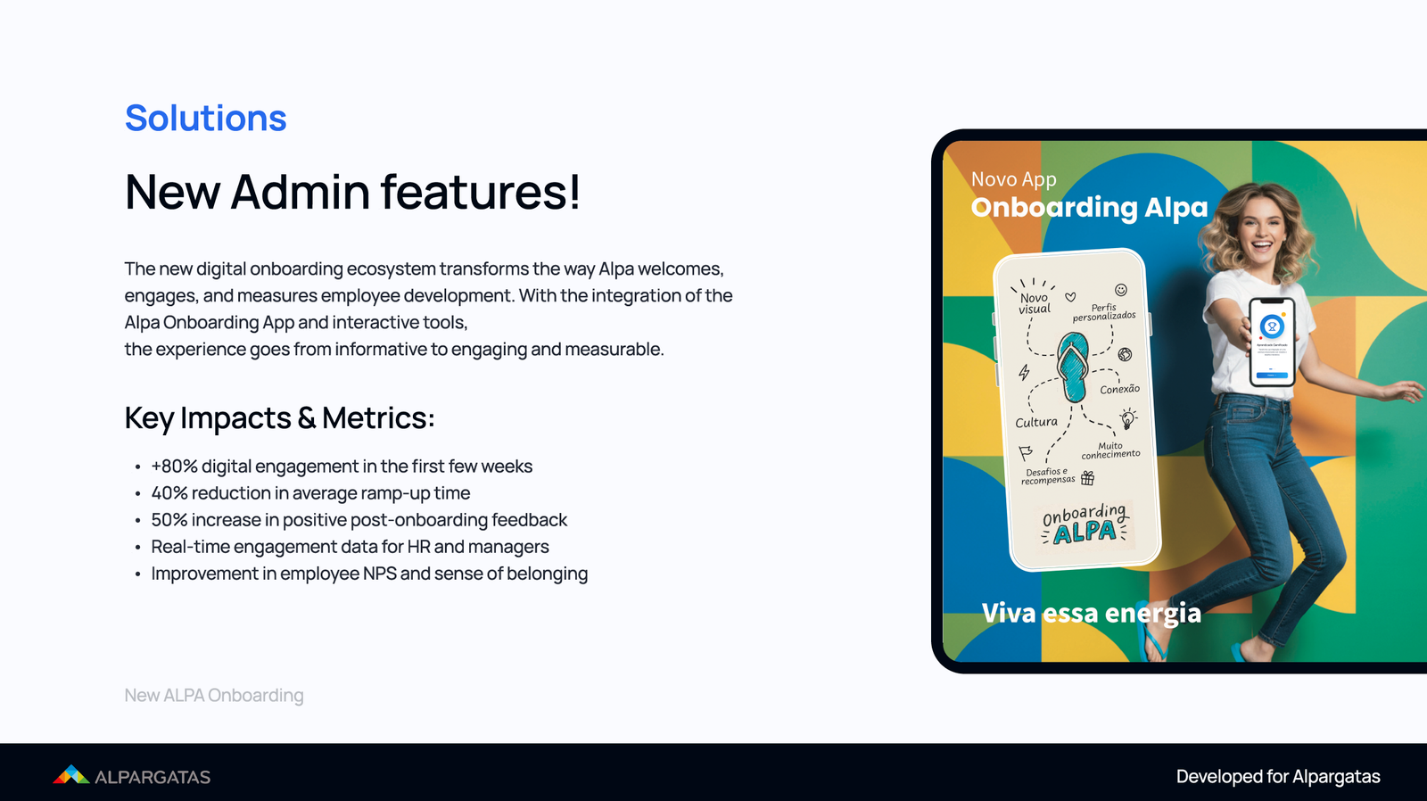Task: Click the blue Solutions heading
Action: click(205, 119)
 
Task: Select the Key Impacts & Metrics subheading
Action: click(279, 418)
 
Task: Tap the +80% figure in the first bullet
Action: click(174, 467)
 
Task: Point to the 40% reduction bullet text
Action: click(310, 493)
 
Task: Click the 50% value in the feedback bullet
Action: click(169, 520)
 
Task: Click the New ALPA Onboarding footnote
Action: click(214, 696)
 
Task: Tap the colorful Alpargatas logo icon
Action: click(70, 775)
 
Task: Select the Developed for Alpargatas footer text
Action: click(1277, 777)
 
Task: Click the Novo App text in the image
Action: click(1013, 180)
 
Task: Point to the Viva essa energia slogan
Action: click(1091, 614)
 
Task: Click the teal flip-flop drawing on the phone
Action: click(1072, 366)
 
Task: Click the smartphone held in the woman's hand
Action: click(1272, 342)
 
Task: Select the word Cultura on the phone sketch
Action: click(1036, 422)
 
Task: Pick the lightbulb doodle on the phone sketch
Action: click(1128, 418)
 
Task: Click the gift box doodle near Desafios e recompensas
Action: click(1087, 479)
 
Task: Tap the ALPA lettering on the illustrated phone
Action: click(1085, 533)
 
